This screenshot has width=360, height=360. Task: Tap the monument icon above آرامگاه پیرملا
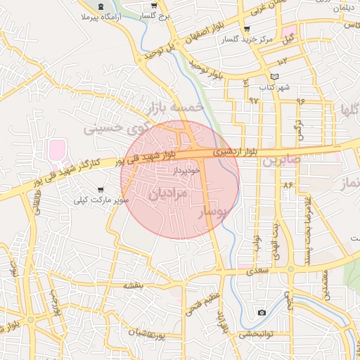coord(103,6)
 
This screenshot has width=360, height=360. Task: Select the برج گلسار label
coord(153,15)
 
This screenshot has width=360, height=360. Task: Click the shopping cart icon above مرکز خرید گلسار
coord(246,30)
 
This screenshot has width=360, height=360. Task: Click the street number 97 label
coord(253,100)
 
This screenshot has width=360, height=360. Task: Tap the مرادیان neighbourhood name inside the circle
coord(169,192)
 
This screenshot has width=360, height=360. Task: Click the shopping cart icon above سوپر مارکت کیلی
coord(101,190)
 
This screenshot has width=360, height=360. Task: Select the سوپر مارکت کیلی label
coord(101,200)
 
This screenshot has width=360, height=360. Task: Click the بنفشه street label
coord(134,285)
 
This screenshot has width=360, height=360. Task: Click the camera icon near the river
coord(262,312)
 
